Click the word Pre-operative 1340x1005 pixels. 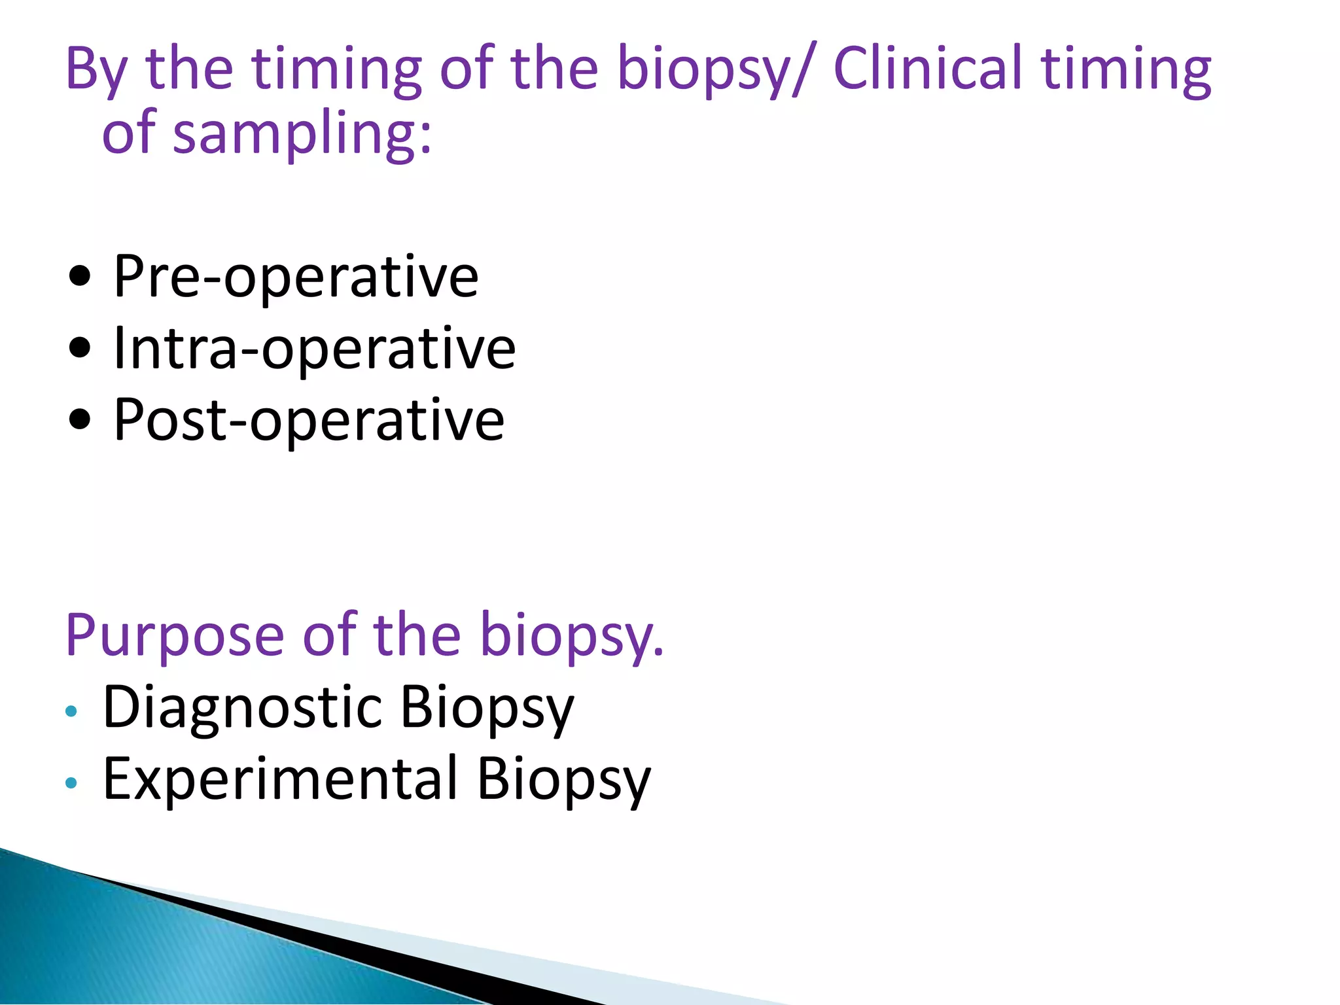click(x=296, y=277)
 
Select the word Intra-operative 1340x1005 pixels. click(x=314, y=349)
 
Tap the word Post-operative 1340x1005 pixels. click(x=308, y=420)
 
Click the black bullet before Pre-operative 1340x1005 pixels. click(x=80, y=277)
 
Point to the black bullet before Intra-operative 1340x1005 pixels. click(x=80, y=349)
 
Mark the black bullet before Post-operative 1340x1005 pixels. click(x=80, y=420)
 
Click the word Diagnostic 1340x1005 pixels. click(x=243, y=708)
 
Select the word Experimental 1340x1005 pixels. click(x=280, y=779)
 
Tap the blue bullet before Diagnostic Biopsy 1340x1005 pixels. click(x=71, y=711)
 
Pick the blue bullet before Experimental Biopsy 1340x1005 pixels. click(x=71, y=783)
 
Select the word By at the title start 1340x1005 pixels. click(x=96, y=71)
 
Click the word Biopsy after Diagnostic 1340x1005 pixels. click(x=487, y=708)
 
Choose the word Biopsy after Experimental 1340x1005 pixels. click(x=564, y=779)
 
